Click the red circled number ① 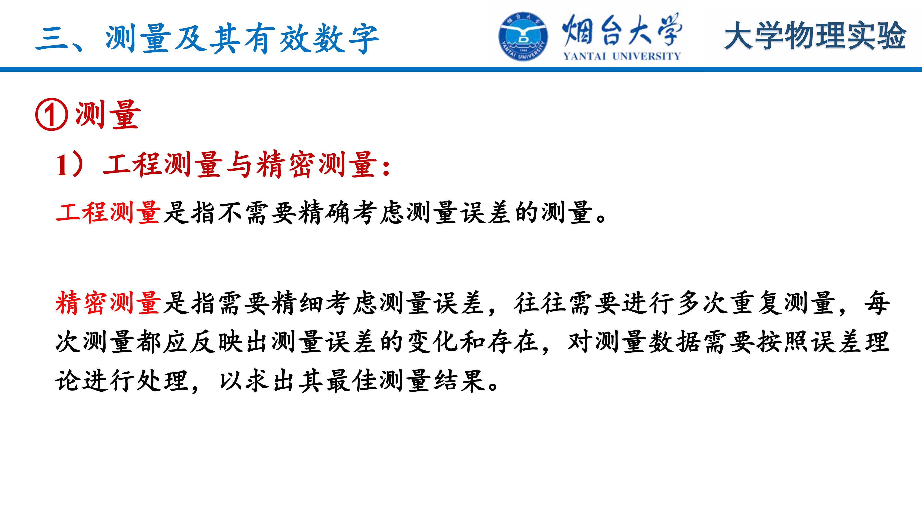tap(52, 115)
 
